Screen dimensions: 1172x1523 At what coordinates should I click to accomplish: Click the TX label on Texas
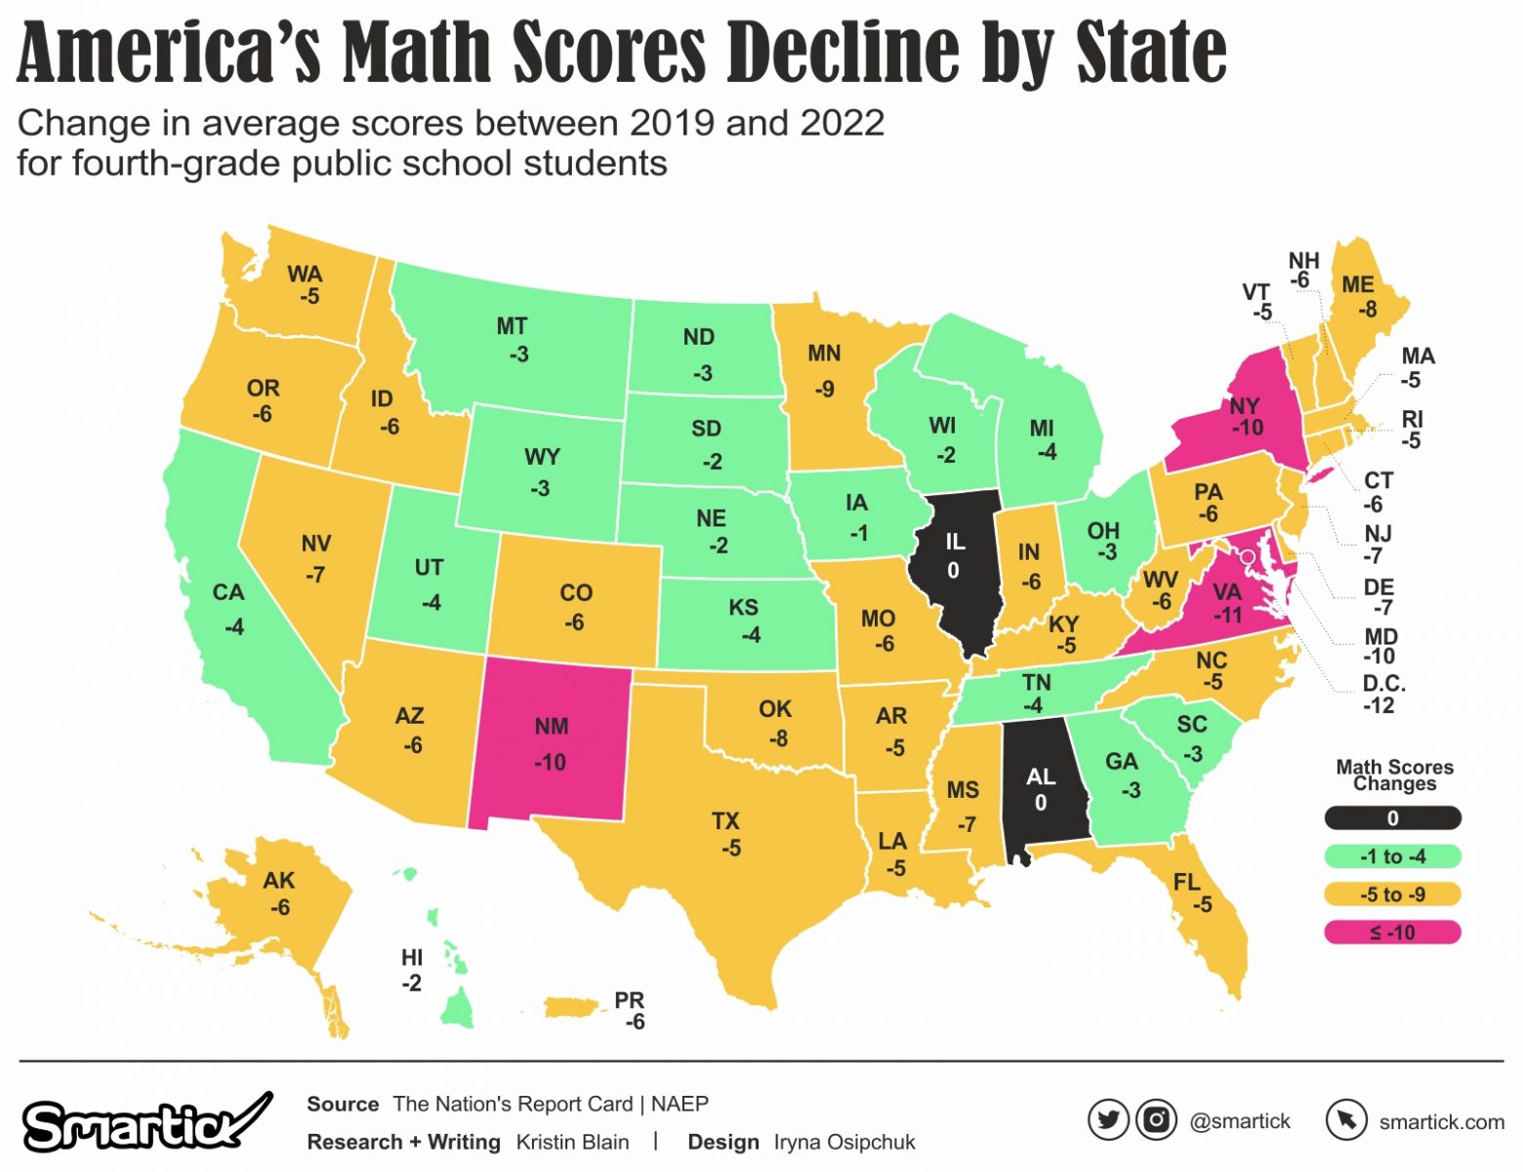click(725, 821)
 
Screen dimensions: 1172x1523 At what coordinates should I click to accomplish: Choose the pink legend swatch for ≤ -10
click(1392, 933)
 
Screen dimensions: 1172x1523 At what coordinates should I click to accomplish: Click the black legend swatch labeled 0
click(1392, 818)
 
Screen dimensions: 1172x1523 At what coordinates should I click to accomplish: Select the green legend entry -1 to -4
click(1392, 857)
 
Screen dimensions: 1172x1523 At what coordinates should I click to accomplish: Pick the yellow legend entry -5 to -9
click(1392, 895)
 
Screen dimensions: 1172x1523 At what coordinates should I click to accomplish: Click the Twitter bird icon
click(1108, 1120)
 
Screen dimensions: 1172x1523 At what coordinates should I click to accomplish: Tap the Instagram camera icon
click(1156, 1120)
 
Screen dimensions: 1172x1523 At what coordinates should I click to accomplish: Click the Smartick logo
click(146, 1123)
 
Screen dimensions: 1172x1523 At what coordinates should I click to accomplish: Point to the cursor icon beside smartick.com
click(1346, 1120)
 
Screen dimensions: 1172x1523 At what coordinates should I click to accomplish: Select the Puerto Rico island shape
click(577, 1006)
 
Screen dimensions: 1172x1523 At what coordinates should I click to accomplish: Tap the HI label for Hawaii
click(412, 958)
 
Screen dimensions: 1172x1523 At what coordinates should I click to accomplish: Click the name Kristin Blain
click(572, 1142)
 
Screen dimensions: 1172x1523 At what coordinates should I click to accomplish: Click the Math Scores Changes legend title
click(1394, 775)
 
